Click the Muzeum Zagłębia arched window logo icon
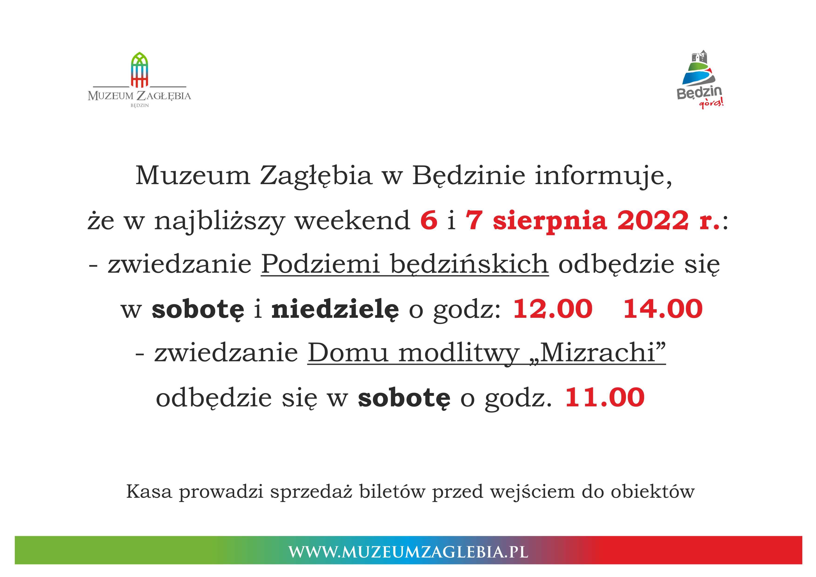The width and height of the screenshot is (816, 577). coord(139,70)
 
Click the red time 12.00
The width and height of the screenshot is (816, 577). coord(553,308)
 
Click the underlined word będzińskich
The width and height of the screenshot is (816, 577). coord(469,265)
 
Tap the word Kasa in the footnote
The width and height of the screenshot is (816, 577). coord(149,492)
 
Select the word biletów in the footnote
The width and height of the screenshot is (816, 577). coord(392,492)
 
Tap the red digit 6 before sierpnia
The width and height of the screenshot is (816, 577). coord(429,220)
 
